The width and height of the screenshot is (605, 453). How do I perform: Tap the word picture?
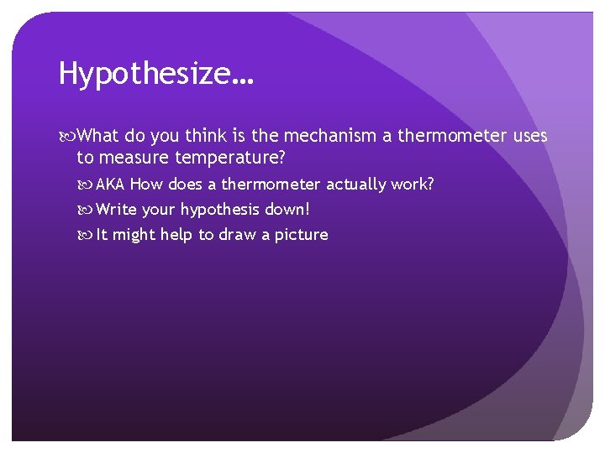(x=300, y=235)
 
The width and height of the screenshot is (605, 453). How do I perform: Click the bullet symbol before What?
(x=68, y=137)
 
